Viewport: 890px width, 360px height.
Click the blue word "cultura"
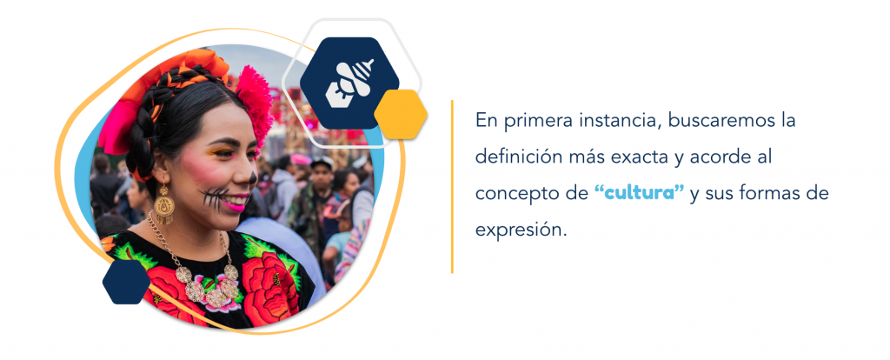coord(640,192)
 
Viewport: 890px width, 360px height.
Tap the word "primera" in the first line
coord(535,122)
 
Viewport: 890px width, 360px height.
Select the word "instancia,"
coord(616,121)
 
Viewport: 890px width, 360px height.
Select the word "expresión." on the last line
coord(521,230)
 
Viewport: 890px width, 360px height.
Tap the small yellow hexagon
coord(400,114)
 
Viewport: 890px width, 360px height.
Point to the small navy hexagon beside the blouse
coord(127,282)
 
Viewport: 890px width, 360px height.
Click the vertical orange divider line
coord(452,187)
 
